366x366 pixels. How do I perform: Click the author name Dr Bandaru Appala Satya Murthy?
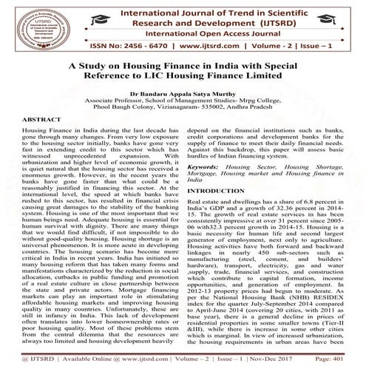click(183, 95)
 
